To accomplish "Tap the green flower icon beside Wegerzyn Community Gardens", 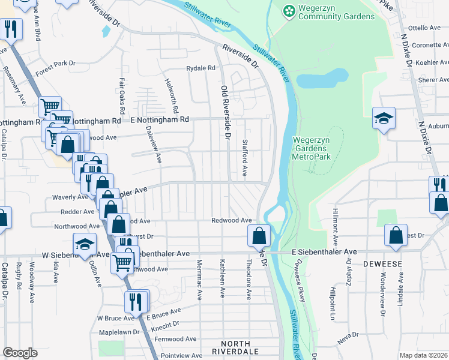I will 289,11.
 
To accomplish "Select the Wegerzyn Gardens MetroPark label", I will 312,148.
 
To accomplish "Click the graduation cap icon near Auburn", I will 384,118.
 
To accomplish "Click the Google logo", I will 20,353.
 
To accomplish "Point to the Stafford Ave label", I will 244,158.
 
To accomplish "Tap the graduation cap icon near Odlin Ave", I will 85,244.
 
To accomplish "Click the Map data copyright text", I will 424,355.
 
